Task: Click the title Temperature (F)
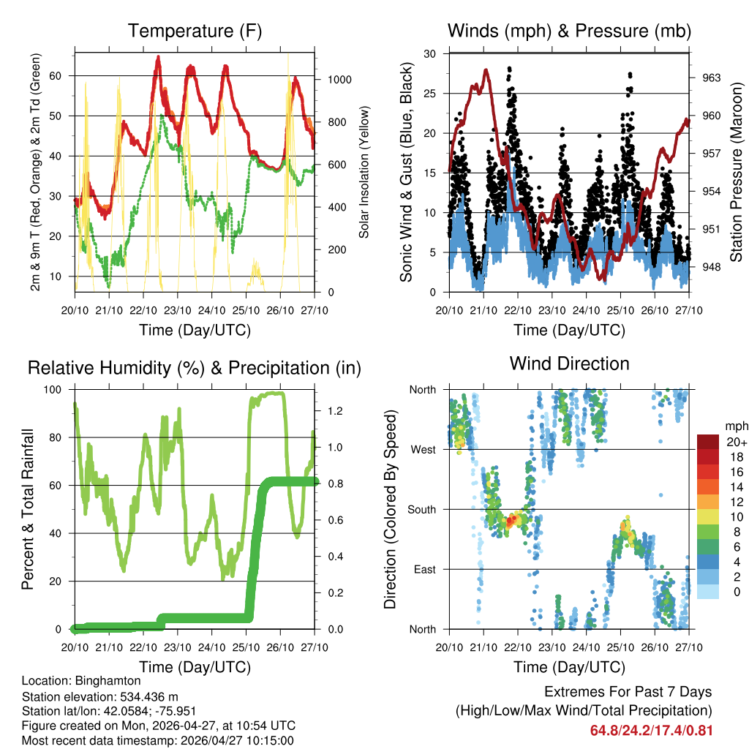click(195, 31)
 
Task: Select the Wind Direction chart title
click(569, 363)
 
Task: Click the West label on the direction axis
click(422, 449)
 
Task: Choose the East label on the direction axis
click(424, 569)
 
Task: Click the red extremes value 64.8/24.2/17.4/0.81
click(651, 731)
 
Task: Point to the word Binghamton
click(113, 680)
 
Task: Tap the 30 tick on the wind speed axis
click(431, 53)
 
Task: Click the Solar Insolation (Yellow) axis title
click(364, 172)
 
